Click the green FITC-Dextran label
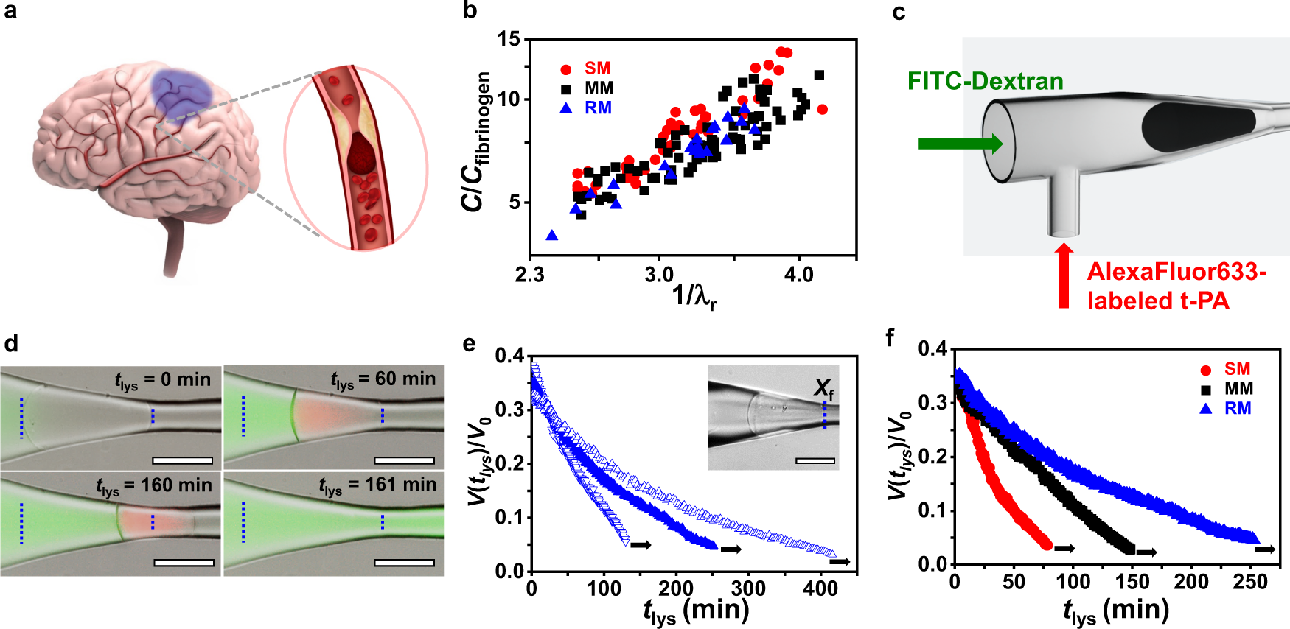pyautogui.click(x=985, y=81)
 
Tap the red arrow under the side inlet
pyautogui.click(x=1063, y=275)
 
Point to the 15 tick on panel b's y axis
pyautogui.click(x=509, y=39)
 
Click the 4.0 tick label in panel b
pyautogui.click(x=798, y=275)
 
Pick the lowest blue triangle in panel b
pyautogui.click(x=551, y=236)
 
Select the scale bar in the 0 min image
pyautogui.click(x=182, y=461)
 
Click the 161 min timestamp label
pyautogui.click(x=377, y=485)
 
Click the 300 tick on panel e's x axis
pyautogui.click(x=748, y=589)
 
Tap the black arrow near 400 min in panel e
pyautogui.click(x=840, y=562)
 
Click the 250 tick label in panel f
pyautogui.click(x=1250, y=582)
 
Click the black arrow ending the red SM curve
pyautogui.click(x=1064, y=549)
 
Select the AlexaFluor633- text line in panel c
pyautogui.click(x=1176, y=272)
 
